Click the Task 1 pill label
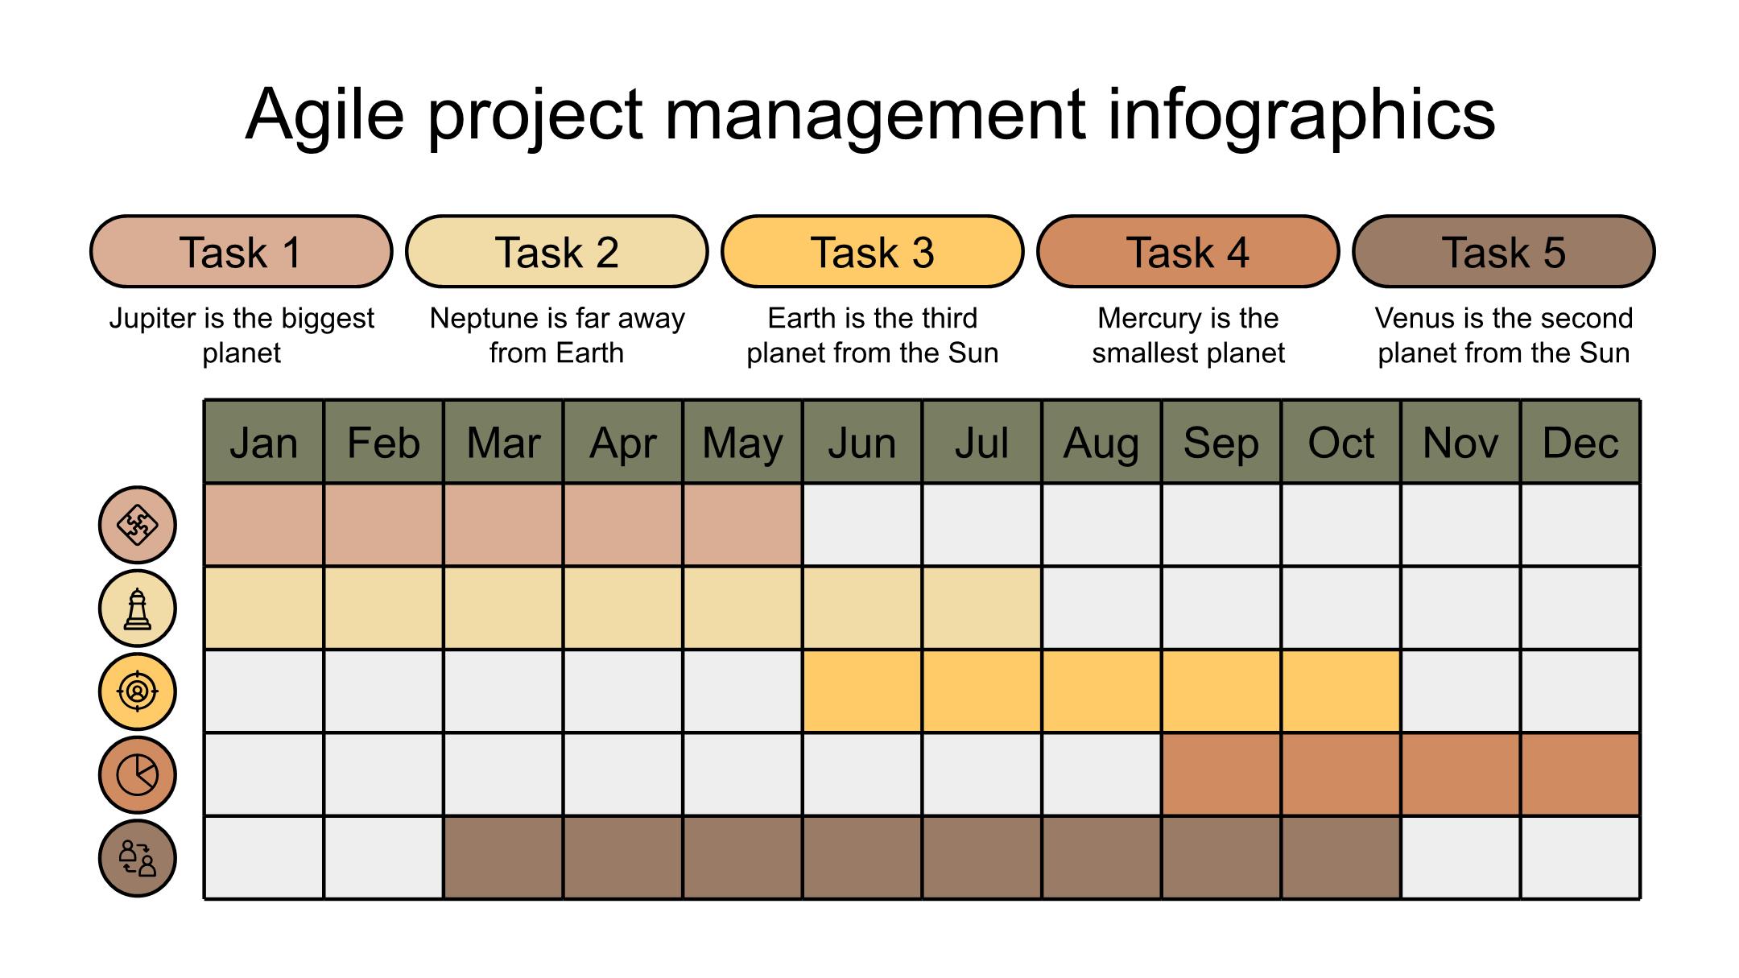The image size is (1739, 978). click(241, 251)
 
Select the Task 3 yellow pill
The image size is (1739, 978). click(873, 251)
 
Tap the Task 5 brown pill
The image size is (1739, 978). click(1504, 251)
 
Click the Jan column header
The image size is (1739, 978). click(264, 442)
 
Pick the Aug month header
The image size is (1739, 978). click(1101, 442)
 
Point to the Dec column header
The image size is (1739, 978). click(1580, 442)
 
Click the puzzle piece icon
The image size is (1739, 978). click(138, 525)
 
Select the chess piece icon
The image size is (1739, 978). click(138, 608)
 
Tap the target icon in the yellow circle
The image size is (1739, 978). click(138, 691)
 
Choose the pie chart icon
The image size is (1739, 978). click(138, 774)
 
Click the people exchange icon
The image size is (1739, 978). click(138, 858)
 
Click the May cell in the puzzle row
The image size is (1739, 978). click(742, 525)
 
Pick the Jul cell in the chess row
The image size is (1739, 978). click(982, 608)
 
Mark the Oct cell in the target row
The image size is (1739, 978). click(1341, 691)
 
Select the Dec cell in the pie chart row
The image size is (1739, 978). click(1580, 774)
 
